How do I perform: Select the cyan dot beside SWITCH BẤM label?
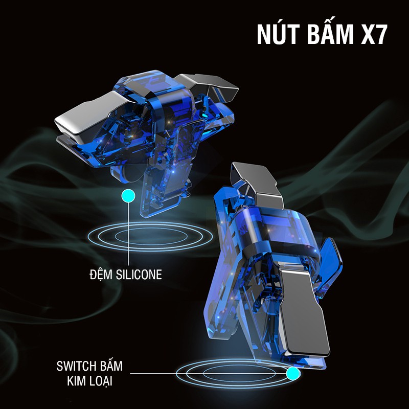292,374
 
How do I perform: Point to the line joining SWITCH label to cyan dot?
204,374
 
